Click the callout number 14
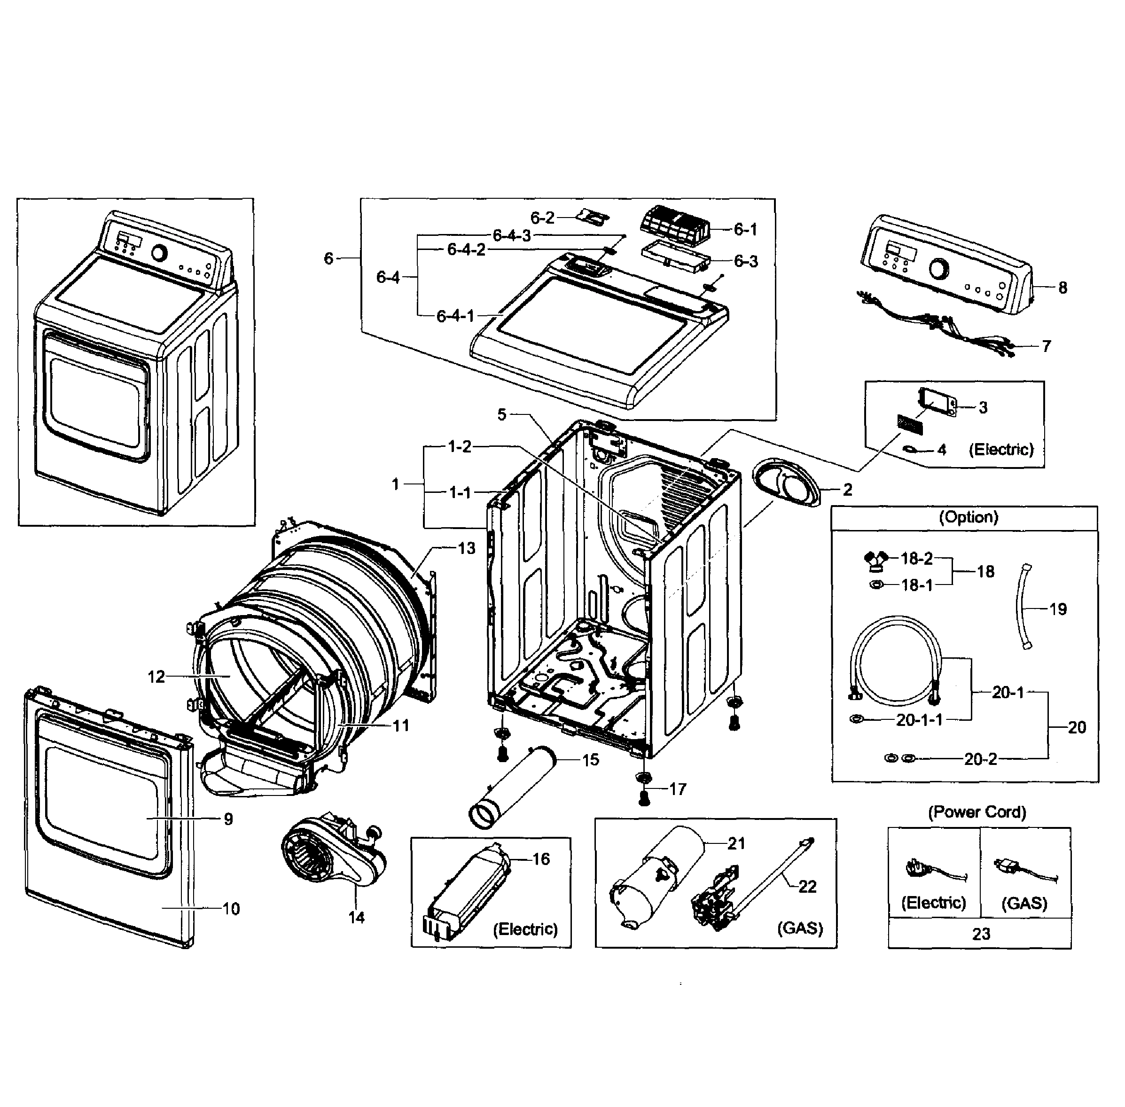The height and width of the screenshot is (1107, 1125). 356,917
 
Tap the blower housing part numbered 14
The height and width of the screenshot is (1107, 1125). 331,855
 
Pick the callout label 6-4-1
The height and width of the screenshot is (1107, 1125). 455,316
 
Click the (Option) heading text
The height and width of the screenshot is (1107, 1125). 968,517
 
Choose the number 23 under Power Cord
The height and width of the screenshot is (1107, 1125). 981,934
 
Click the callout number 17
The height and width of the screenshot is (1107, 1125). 677,789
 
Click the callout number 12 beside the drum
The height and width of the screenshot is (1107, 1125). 156,676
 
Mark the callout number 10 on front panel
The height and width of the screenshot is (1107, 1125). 231,909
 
